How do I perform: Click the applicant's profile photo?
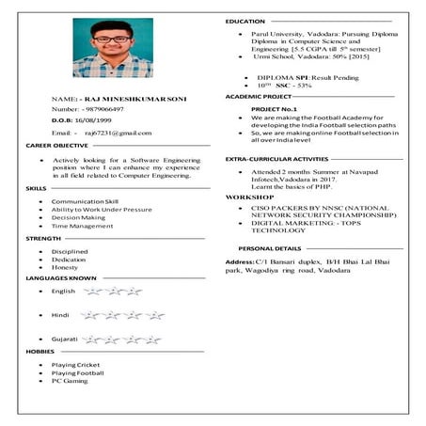pos(112,48)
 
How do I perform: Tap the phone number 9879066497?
pos(102,109)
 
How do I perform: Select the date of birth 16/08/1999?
pos(101,121)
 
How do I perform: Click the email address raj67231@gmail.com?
pos(118,134)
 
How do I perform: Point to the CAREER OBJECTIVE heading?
pos(57,147)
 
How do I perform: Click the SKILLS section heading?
pos(37,189)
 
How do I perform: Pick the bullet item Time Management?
pos(82,226)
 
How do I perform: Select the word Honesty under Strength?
pos(65,267)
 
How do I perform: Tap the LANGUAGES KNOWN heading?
pos(61,278)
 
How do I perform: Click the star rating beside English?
pos(112,292)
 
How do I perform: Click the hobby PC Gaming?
pos(70,381)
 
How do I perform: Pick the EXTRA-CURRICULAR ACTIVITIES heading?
pos(276,160)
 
